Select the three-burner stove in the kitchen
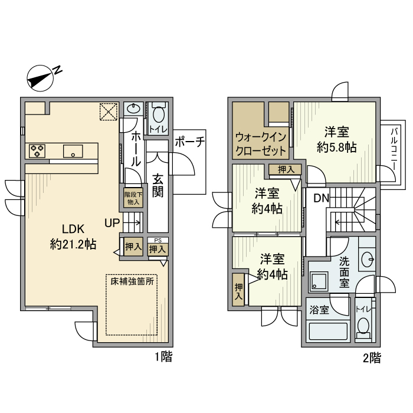[37, 151]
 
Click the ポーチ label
[189, 142]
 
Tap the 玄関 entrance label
[158, 186]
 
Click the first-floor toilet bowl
[158, 113]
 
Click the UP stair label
[112, 223]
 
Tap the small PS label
[157, 240]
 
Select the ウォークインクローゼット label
[261, 143]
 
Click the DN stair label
[321, 198]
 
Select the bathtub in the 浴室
[329, 333]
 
